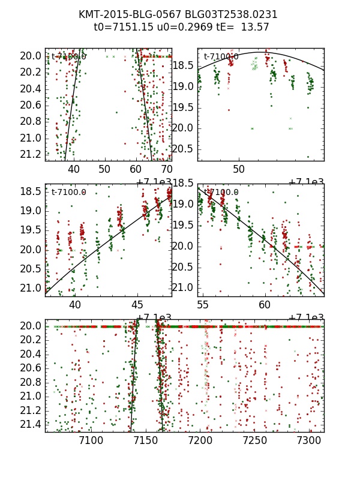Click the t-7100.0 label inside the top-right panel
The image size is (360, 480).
pyautogui.click(x=221, y=57)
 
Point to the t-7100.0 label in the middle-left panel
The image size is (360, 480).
pyautogui.click(x=69, y=193)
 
